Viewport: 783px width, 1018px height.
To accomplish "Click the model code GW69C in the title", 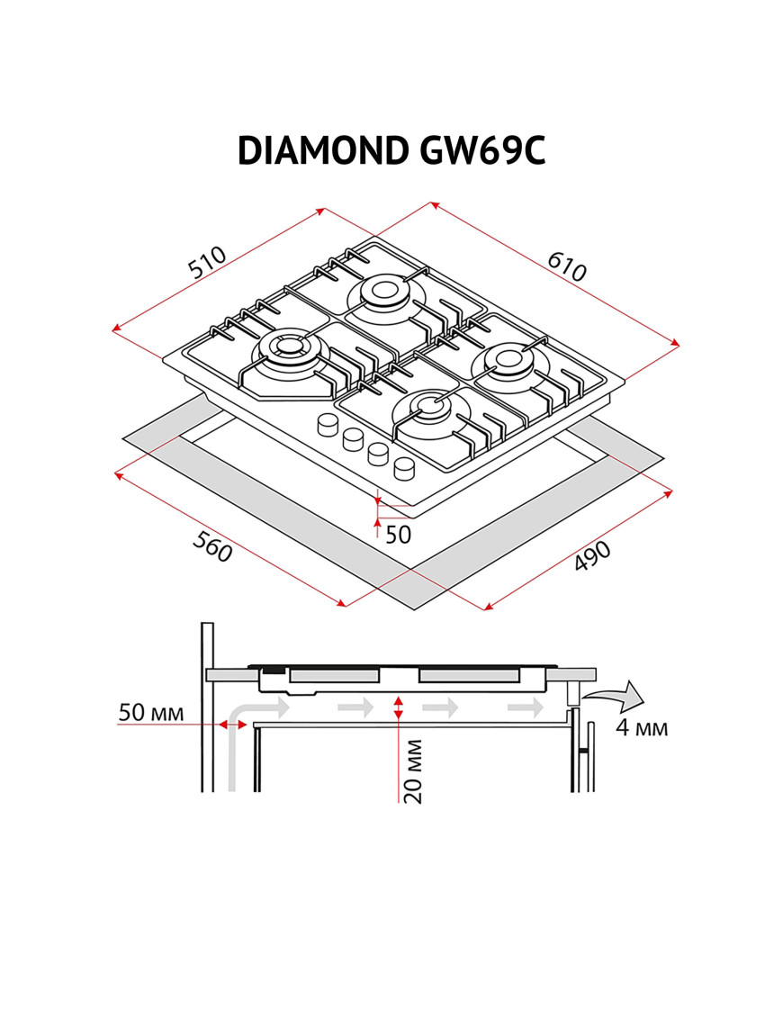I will (x=482, y=151).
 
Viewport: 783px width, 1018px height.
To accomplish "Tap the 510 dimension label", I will (x=206, y=262).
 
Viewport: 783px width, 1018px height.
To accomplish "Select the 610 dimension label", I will (x=567, y=266).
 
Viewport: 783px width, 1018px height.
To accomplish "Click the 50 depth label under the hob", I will (x=397, y=534).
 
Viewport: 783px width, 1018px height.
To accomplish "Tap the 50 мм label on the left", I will (x=151, y=713).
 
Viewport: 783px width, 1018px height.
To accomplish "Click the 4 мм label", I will (x=642, y=727).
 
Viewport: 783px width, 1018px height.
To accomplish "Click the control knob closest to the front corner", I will (x=406, y=467).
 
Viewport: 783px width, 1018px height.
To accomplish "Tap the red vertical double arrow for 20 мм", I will (x=398, y=707).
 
